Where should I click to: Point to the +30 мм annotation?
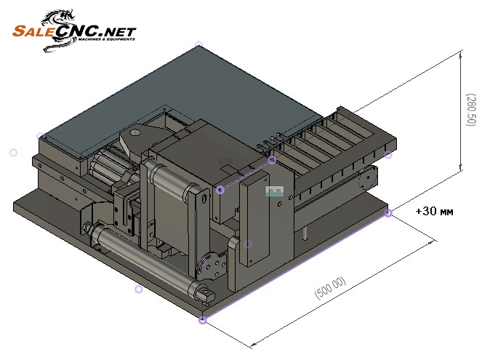click(434, 212)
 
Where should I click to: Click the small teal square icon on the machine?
click(274, 191)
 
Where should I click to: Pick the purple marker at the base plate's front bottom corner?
click(203, 320)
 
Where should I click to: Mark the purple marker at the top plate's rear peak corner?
click(198, 44)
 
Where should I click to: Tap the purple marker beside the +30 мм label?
click(389, 213)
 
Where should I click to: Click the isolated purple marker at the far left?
click(13, 153)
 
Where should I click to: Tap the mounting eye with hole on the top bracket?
click(135, 135)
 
